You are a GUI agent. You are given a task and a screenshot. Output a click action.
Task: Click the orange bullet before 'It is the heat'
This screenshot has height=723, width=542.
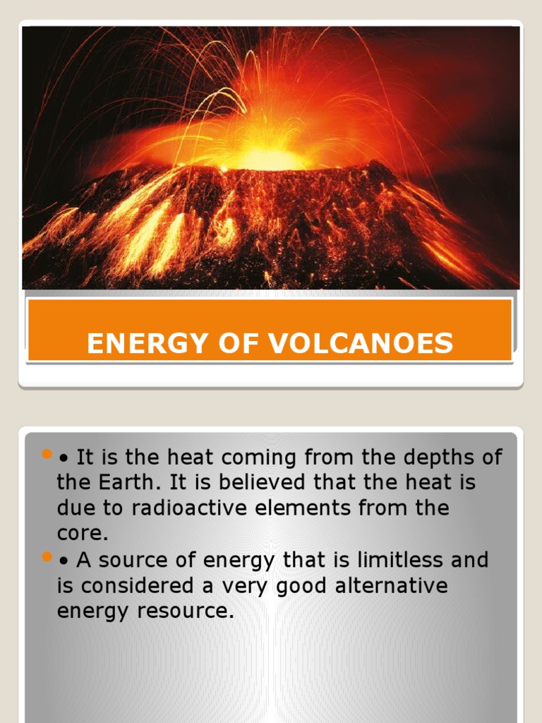click(47, 453)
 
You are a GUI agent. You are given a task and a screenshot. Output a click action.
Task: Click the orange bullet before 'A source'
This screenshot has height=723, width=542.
click(47, 558)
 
